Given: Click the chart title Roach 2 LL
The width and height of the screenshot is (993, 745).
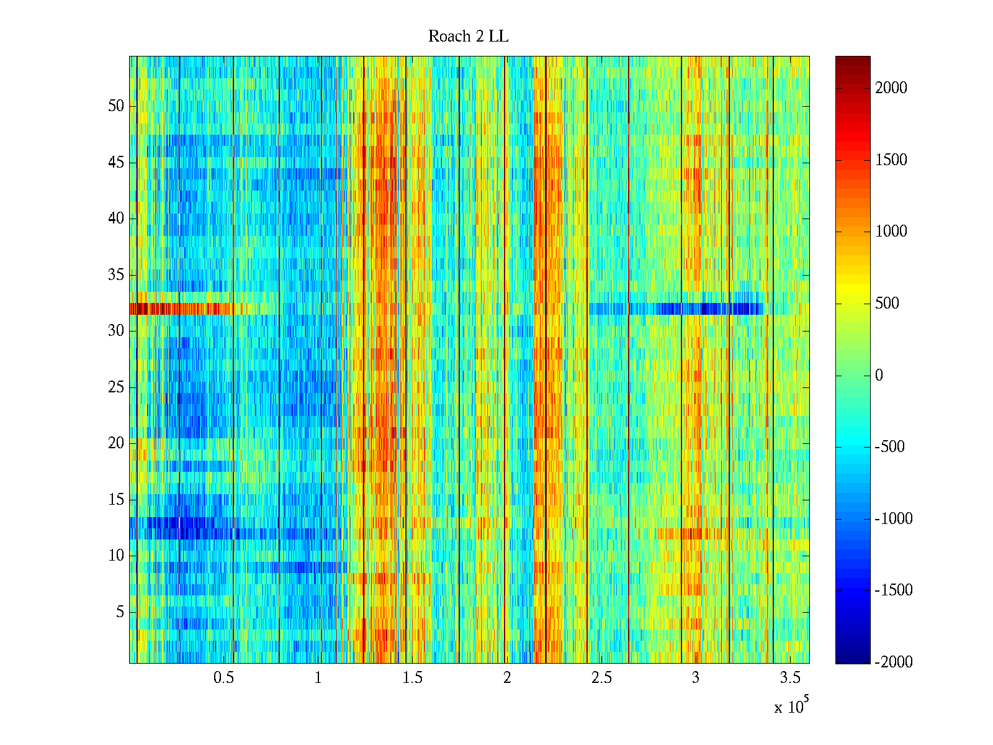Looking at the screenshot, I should [x=468, y=37].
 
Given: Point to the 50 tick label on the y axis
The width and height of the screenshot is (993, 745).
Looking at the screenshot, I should [x=116, y=106].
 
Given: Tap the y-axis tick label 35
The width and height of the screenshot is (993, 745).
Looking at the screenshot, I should [x=116, y=275].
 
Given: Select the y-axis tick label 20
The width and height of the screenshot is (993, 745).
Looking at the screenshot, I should [x=116, y=443].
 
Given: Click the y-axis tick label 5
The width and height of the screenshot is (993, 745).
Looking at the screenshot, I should [x=120, y=612].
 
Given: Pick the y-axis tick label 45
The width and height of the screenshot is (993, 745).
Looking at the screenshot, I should [x=116, y=163].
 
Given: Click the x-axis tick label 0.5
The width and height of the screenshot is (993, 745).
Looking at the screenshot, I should [x=223, y=677].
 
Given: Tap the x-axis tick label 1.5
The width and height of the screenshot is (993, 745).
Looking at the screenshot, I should [x=412, y=677].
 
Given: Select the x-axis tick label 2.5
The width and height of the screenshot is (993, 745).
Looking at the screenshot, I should [x=601, y=677].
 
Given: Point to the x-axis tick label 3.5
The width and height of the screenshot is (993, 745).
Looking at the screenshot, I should [x=789, y=677].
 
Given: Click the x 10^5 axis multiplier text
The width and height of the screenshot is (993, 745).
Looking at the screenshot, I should [x=791, y=707].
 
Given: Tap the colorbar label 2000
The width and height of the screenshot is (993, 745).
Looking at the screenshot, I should [x=891, y=88].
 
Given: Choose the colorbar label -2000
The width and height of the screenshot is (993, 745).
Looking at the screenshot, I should [x=894, y=662].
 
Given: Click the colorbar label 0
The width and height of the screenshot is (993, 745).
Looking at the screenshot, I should [x=879, y=375].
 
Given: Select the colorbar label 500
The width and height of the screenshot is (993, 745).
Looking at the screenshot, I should [x=887, y=304].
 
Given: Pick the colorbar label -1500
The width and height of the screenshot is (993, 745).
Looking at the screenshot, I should [x=894, y=590].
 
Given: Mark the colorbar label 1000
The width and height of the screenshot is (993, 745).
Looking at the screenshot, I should [x=891, y=232].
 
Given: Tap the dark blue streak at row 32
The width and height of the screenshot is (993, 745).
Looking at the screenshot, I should [x=708, y=309].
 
